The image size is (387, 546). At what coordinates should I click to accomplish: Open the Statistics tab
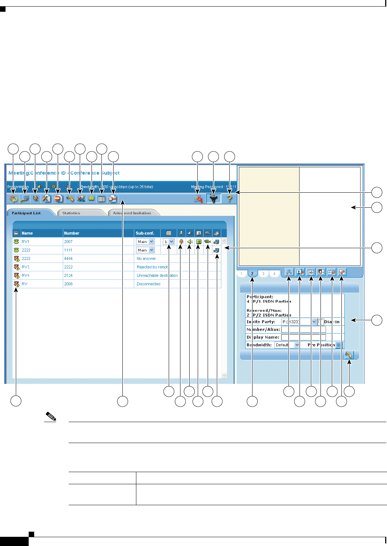tap(71, 213)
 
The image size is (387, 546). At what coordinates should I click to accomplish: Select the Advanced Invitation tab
tap(132, 213)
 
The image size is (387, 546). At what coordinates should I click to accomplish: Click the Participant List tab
tap(26, 213)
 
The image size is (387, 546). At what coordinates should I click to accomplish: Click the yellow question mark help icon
tap(230, 199)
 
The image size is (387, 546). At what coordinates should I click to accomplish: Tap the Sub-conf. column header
tap(145, 233)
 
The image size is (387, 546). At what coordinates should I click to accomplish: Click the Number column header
tap(72, 233)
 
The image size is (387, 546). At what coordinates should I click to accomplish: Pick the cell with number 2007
tap(68, 242)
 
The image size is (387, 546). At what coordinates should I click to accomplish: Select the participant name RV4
tap(25, 275)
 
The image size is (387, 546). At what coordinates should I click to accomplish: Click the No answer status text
tap(146, 258)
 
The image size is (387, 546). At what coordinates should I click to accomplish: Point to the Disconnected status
tap(148, 284)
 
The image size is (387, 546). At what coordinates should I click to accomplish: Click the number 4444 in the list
tap(68, 258)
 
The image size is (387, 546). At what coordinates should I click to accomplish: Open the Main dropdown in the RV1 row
tap(146, 242)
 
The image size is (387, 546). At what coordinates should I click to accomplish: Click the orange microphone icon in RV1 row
tap(181, 242)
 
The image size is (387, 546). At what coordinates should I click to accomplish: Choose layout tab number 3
tap(263, 274)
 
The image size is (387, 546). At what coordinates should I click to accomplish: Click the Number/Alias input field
tap(303, 329)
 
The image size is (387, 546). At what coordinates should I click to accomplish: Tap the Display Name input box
tap(303, 337)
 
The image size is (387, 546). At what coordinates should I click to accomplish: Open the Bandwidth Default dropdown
tap(287, 345)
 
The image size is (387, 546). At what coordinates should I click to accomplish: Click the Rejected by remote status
tap(152, 267)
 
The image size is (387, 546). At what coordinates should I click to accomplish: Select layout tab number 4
tap(274, 274)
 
